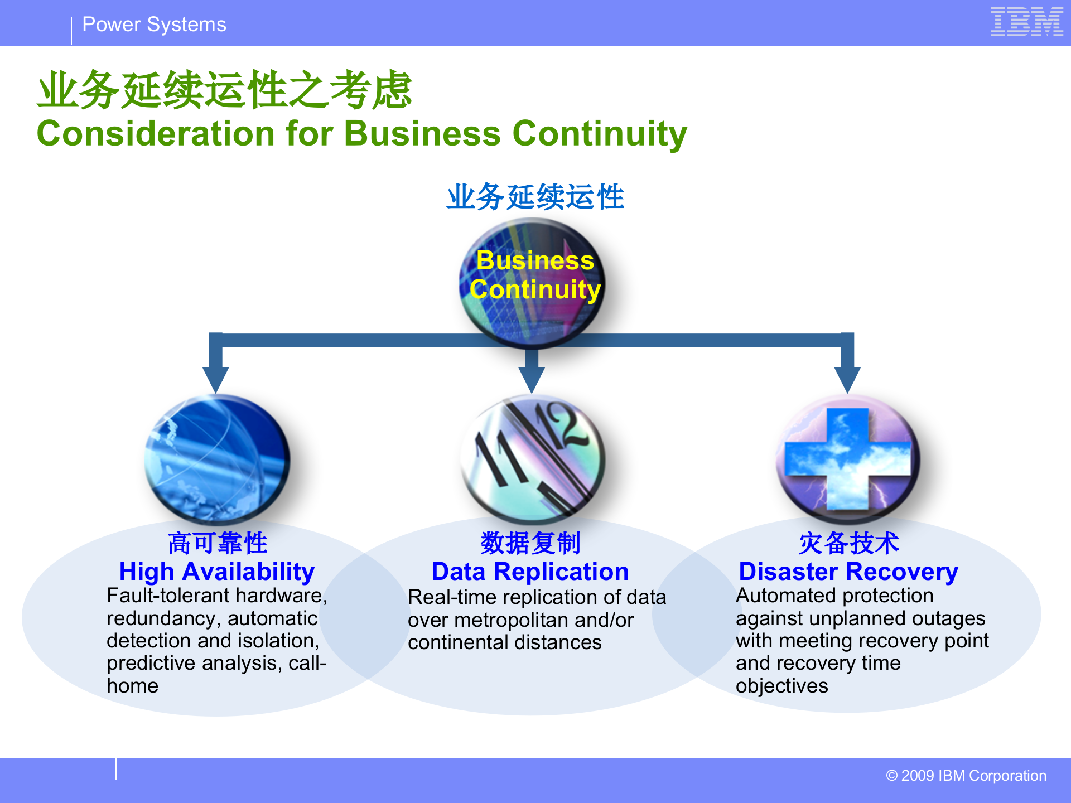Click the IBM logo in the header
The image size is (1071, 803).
[x=1026, y=22]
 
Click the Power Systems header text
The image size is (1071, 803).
[x=154, y=25]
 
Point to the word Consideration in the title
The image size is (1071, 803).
[x=157, y=134]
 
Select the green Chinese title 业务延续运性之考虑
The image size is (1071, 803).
[x=224, y=89]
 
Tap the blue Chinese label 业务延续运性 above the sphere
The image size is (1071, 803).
[x=535, y=197]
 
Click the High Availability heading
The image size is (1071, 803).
[x=217, y=572]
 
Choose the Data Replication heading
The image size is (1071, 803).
[x=530, y=572]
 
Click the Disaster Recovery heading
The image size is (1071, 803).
[x=848, y=572]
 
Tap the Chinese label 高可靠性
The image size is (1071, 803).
[x=217, y=543]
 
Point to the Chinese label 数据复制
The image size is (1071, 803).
[x=530, y=543]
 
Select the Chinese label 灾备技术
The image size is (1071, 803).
[x=848, y=543]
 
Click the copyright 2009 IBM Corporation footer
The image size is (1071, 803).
[x=966, y=776]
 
